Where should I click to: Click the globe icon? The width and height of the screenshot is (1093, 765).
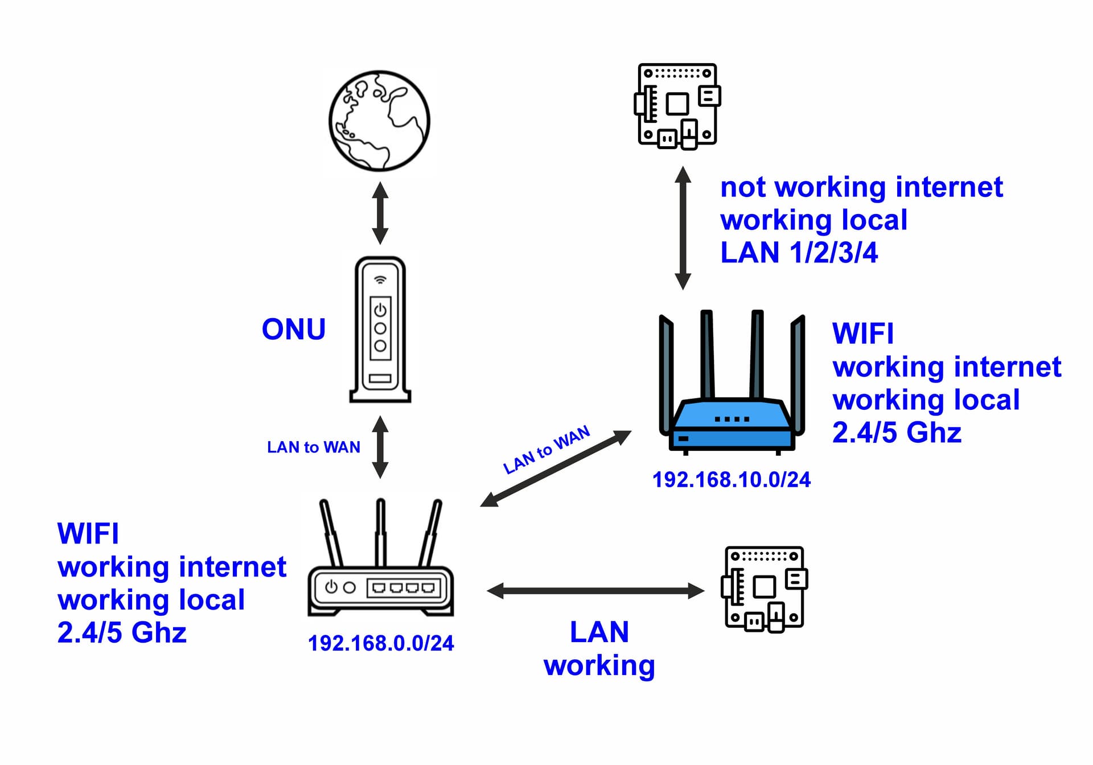379,121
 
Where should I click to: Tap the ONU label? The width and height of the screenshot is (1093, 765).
293,330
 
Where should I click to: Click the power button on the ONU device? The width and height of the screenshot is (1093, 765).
380,310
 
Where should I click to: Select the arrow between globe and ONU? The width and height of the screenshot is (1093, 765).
380,213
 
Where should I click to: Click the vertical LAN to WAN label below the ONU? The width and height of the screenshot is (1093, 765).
313,447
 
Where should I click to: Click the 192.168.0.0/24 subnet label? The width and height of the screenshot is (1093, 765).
381,643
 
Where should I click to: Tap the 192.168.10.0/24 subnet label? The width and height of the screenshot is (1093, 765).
732,480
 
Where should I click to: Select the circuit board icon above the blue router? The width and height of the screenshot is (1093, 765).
677,106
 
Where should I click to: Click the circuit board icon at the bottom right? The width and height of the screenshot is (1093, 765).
765,589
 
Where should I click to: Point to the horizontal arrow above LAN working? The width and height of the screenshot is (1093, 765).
596,591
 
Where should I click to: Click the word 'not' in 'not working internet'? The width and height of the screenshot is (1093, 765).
742,188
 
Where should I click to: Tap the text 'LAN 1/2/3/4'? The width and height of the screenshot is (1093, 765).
799,253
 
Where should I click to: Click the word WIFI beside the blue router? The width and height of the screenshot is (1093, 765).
862,334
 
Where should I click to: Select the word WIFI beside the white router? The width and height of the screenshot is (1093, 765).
88,534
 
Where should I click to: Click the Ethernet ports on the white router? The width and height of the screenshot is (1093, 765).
404,587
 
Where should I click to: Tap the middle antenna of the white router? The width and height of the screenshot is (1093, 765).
381,532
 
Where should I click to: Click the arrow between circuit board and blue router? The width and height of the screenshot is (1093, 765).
683,228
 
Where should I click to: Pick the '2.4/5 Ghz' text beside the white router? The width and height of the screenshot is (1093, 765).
122,632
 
